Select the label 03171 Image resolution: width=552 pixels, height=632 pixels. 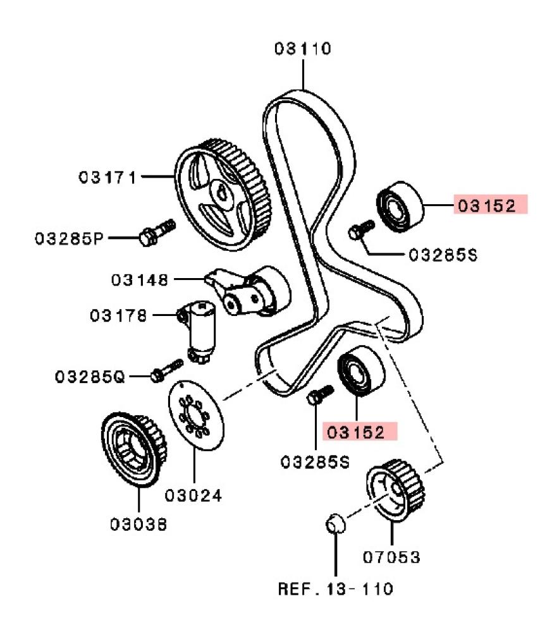point(107,177)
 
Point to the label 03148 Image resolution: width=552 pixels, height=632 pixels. point(140,279)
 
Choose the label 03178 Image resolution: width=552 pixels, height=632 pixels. point(118,314)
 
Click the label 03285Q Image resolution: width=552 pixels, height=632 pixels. point(90,377)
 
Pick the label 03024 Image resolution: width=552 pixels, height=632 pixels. point(193,496)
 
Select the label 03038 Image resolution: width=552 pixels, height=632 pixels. point(138,524)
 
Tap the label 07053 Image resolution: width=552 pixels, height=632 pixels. point(391,557)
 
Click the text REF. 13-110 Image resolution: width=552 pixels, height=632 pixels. point(335,589)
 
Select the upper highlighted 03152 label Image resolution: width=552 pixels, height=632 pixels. point(490,205)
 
